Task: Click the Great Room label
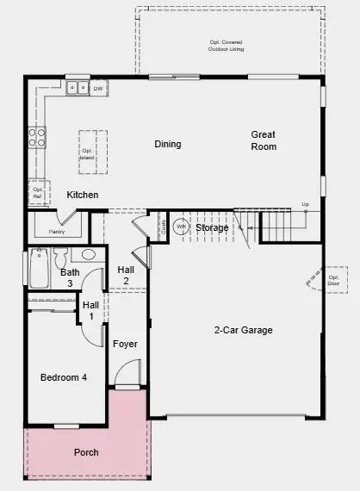click(264, 140)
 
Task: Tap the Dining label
click(168, 144)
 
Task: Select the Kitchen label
click(83, 195)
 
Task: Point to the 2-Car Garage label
click(244, 330)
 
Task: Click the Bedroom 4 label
click(64, 377)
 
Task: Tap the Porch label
click(86, 452)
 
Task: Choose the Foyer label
click(125, 344)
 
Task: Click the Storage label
click(212, 227)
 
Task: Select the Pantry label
click(57, 231)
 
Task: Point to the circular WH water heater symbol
click(181, 227)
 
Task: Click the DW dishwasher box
click(98, 88)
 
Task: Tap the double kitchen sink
click(77, 87)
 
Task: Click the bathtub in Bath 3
click(38, 269)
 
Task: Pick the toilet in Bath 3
click(60, 258)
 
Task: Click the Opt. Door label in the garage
click(334, 280)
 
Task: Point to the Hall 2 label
click(126, 275)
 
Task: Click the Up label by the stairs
click(305, 204)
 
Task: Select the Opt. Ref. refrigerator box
click(38, 193)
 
